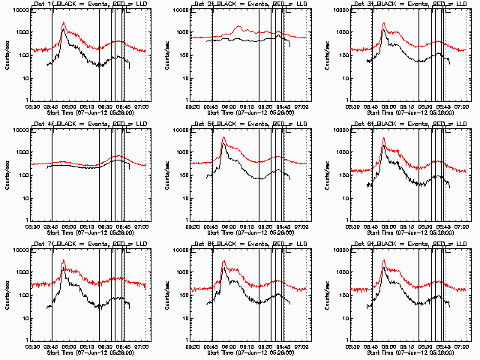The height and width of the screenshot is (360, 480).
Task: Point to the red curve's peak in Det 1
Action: click(64, 23)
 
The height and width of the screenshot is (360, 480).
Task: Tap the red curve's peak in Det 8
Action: click(224, 261)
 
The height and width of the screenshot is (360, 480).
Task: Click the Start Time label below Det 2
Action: click(250, 112)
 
